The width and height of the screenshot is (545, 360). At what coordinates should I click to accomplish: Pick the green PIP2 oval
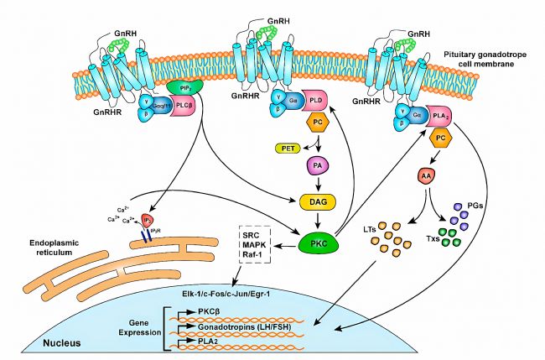180,87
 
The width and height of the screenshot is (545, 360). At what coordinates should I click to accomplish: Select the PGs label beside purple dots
483,206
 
